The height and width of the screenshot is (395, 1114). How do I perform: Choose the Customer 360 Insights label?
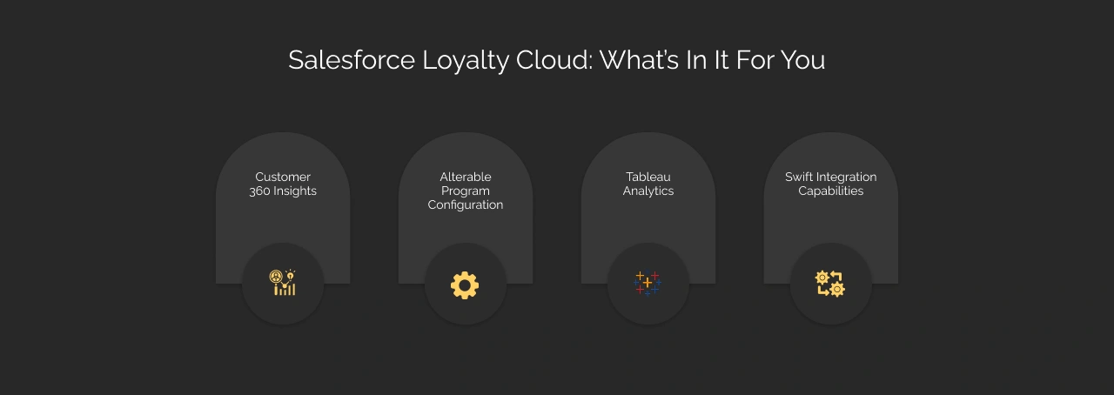[283, 184]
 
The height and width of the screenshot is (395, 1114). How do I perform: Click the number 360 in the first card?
[259, 191]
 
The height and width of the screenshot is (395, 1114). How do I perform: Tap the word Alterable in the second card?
[466, 177]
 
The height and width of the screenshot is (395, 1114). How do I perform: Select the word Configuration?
[466, 205]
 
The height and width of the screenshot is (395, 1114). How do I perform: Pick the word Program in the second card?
[466, 191]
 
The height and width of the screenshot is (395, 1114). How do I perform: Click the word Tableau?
[648, 177]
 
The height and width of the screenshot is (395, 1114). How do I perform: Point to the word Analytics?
[648, 191]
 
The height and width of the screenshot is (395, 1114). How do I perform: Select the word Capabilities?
[831, 191]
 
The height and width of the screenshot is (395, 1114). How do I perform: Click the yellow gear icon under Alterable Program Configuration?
[465, 285]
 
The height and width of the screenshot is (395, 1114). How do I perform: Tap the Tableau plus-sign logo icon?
[648, 284]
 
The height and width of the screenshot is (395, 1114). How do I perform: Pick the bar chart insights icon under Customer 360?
[283, 283]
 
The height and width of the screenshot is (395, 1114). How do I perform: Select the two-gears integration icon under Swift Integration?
[830, 284]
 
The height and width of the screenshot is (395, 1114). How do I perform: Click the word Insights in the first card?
[296, 191]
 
